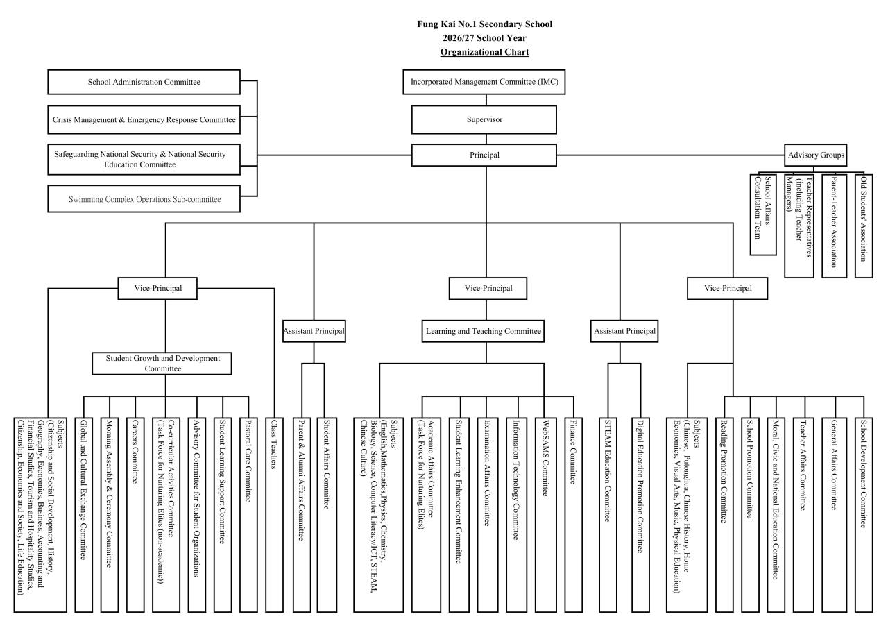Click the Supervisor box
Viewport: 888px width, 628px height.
(x=484, y=119)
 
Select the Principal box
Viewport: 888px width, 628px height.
(x=484, y=155)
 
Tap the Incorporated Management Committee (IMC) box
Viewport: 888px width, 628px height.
(x=484, y=82)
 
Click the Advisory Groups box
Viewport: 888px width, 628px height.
(x=815, y=155)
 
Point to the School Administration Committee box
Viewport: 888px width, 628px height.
(x=144, y=82)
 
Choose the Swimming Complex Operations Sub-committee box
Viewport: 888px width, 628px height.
(x=144, y=198)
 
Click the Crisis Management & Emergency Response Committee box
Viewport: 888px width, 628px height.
(x=144, y=120)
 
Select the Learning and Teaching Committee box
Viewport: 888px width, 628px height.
(x=483, y=331)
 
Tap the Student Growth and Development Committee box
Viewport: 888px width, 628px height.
(x=162, y=364)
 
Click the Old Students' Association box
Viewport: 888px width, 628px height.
(x=864, y=226)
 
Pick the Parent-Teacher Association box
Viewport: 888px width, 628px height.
(x=834, y=226)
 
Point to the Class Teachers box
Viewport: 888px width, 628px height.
(x=274, y=515)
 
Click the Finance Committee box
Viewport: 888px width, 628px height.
(x=573, y=515)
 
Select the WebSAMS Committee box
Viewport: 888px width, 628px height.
(x=544, y=515)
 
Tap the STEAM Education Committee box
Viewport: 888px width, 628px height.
(x=608, y=515)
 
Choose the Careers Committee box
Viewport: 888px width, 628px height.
(x=135, y=515)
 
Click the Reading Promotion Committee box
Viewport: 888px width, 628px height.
(x=724, y=515)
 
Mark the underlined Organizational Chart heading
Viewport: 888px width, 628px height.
(x=484, y=52)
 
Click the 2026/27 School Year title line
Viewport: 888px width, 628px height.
(x=484, y=38)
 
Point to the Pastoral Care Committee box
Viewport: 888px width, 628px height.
(x=248, y=515)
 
